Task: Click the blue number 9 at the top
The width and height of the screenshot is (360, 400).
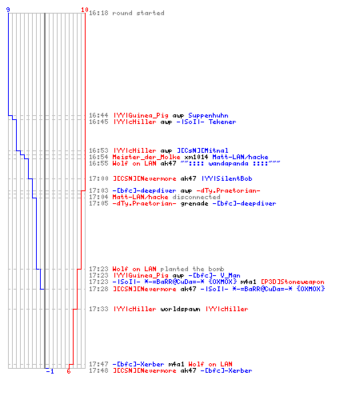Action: [8, 10]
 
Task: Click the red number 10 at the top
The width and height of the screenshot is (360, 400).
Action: [85, 10]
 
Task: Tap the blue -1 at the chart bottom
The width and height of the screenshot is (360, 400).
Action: [50, 371]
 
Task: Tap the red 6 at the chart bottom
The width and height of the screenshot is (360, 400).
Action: [69, 371]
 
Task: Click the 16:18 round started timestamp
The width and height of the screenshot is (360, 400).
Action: [98, 13]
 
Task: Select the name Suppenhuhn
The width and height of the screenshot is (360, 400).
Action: [208, 116]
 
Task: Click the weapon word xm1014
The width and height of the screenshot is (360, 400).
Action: [196, 157]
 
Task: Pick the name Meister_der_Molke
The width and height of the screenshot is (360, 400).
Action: [146, 157]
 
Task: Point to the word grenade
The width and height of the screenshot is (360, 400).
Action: [194, 204]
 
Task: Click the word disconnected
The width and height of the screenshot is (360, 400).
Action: [196, 197]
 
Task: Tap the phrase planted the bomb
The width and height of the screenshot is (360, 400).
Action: [192, 269]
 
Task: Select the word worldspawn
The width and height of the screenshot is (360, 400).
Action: [180, 309]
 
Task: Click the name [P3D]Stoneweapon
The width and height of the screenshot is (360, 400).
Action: [293, 282]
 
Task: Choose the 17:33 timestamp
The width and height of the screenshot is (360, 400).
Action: [98, 309]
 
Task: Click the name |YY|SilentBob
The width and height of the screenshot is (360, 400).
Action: [226, 178]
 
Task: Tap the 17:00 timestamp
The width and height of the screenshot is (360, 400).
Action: [98, 178]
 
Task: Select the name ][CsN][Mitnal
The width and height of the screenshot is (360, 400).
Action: [202, 150]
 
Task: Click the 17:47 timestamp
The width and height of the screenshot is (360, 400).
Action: [98, 364]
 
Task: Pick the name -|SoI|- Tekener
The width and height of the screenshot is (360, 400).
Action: [206, 122]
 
